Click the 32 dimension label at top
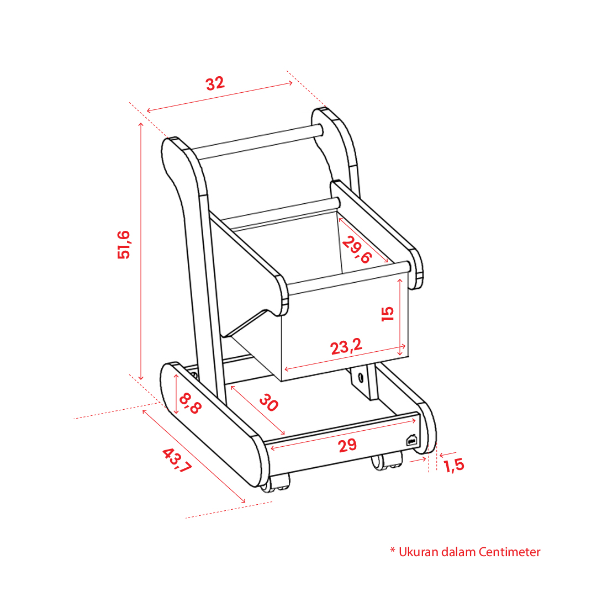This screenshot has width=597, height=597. pyautogui.click(x=215, y=83)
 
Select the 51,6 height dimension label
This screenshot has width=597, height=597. pyautogui.click(x=124, y=245)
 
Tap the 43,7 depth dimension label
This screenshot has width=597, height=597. pyautogui.click(x=177, y=461)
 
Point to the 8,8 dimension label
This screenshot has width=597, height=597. pyautogui.click(x=189, y=403)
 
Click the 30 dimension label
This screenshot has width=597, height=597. pyautogui.click(x=269, y=403)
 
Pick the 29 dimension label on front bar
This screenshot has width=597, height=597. pyautogui.click(x=347, y=445)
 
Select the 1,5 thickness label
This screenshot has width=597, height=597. pyautogui.click(x=454, y=465)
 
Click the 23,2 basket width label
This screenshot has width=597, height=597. pyautogui.click(x=346, y=346)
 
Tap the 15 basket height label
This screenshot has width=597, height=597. pyautogui.click(x=388, y=314)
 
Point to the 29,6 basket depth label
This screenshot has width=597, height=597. pyautogui.click(x=356, y=250)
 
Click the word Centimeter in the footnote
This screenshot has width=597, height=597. pyautogui.click(x=509, y=552)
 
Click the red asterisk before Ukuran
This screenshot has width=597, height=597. pyautogui.click(x=393, y=550)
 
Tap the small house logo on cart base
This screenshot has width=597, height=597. pyautogui.click(x=411, y=440)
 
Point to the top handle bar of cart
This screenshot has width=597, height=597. pyautogui.click(x=257, y=142)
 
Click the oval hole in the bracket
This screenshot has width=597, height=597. pyautogui.click(x=361, y=378)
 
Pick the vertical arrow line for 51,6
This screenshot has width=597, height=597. pyautogui.click(x=141, y=251)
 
